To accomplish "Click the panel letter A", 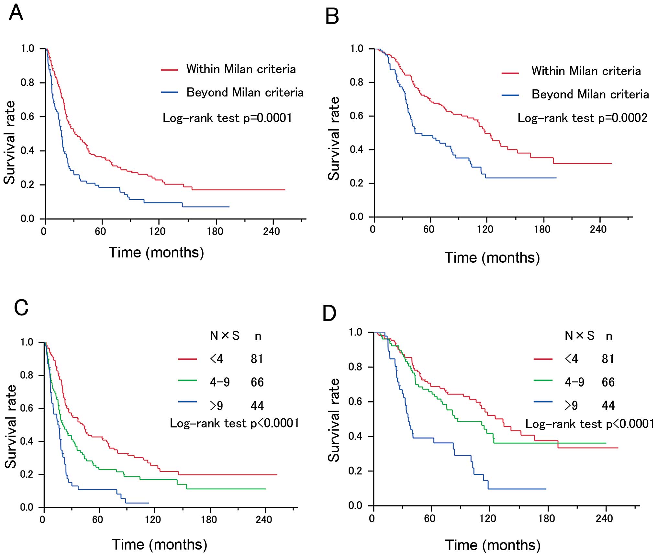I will click(16, 13).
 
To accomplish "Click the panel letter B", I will click(332, 17).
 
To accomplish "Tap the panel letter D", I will click(329, 313).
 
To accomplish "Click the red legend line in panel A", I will click(170, 70).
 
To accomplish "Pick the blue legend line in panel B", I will click(510, 95).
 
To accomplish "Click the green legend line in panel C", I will click(187, 380).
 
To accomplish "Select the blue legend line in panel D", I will click(543, 402).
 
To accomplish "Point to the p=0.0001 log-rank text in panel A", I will click(227, 118).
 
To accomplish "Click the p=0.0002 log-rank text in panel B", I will click(583, 118).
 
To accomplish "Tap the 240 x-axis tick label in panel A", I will click(271, 231).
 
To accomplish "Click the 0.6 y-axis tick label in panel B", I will click(357, 116).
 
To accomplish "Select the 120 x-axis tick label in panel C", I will click(152, 520).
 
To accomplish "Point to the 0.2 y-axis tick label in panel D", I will click(355, 471).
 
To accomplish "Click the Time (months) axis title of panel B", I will click(492, 258).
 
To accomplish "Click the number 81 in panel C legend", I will click(257, 359).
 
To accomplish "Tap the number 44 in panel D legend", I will click(608, 405).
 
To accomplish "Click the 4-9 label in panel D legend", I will click(574, 382).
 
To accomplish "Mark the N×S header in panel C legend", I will click(225, 336).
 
